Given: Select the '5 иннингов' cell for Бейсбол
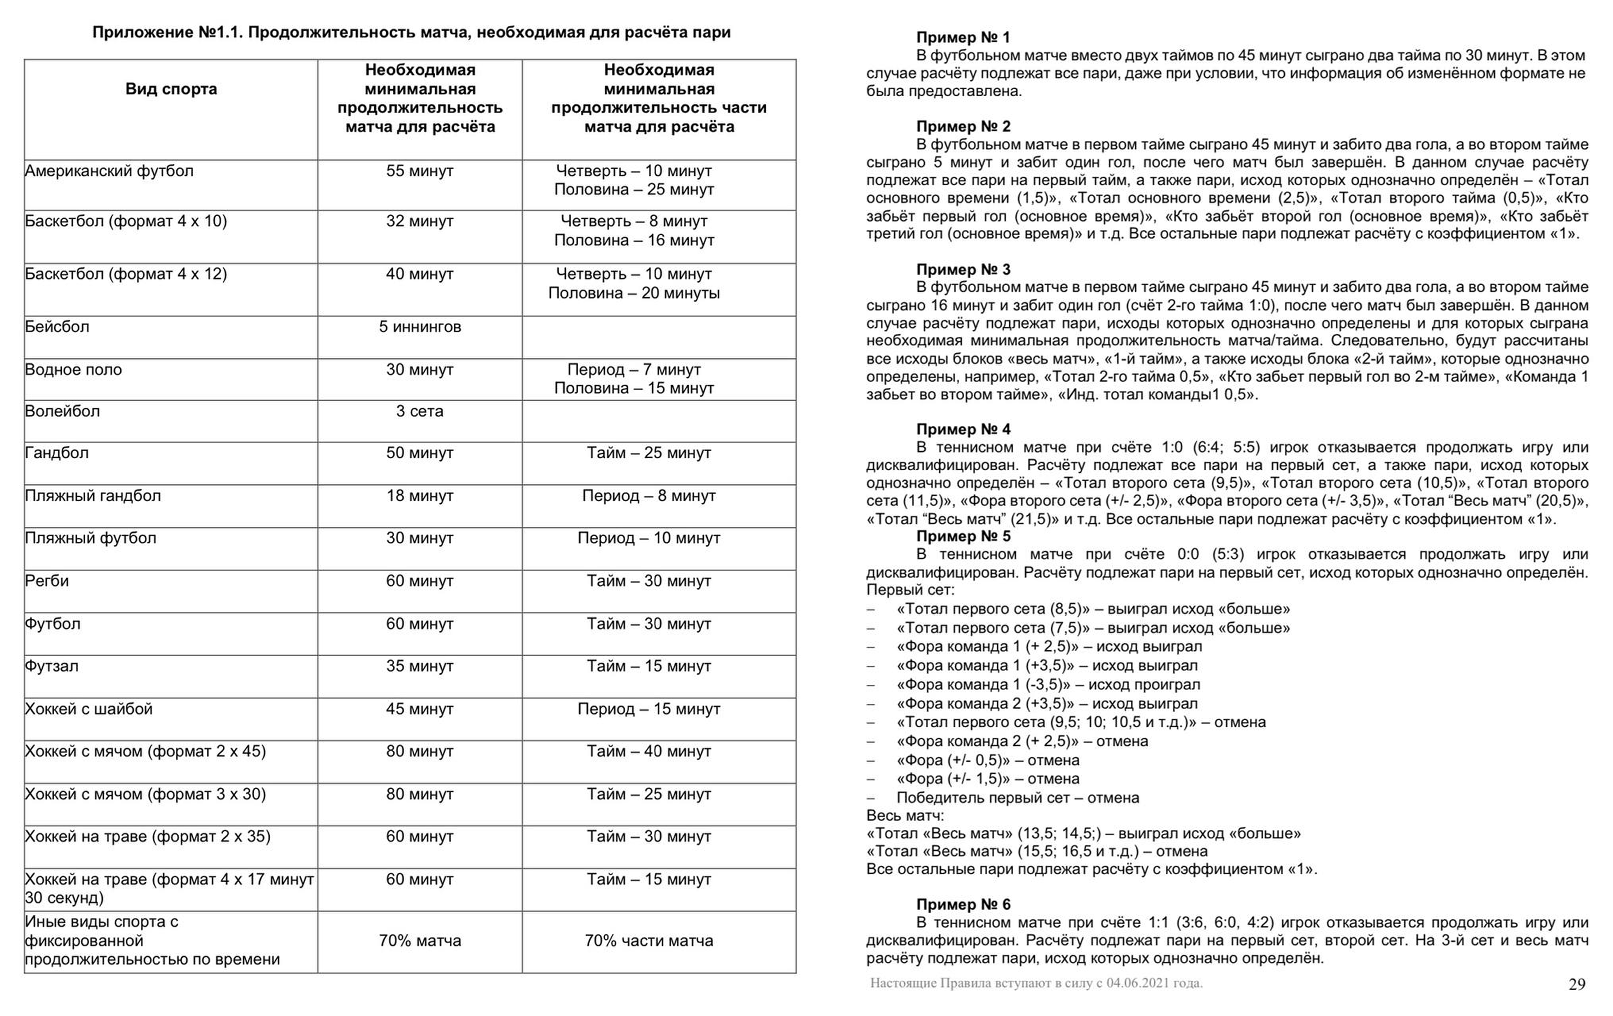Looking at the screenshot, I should coord(420,327).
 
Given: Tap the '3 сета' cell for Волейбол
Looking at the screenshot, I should coord(420,411).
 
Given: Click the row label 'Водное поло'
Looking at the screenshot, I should coord(74,370).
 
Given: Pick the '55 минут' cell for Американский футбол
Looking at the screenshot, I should coord(420,171).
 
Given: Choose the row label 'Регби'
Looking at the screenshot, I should coord(47,581).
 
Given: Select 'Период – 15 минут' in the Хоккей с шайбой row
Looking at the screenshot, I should coord(648,709).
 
